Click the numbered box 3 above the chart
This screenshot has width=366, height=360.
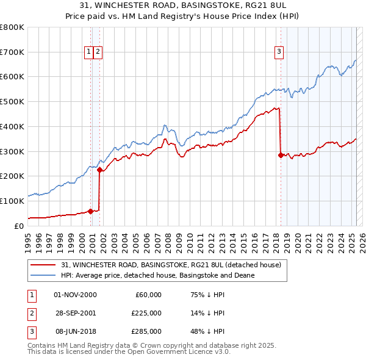(x=279, y=52)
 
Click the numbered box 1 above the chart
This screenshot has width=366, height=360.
(x=89, y=52)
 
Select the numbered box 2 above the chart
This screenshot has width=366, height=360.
(x=98, y=52)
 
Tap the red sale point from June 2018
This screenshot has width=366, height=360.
(x=281, y=155)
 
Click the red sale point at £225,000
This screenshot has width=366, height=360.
(x=99, y=170)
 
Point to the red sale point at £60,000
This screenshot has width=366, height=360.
(x=90, y=211)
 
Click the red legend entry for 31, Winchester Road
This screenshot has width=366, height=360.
(x=171, y=265)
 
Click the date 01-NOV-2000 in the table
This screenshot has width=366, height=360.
(x=75, y=295)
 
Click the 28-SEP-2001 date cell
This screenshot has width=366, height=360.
(x=75, y=313)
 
